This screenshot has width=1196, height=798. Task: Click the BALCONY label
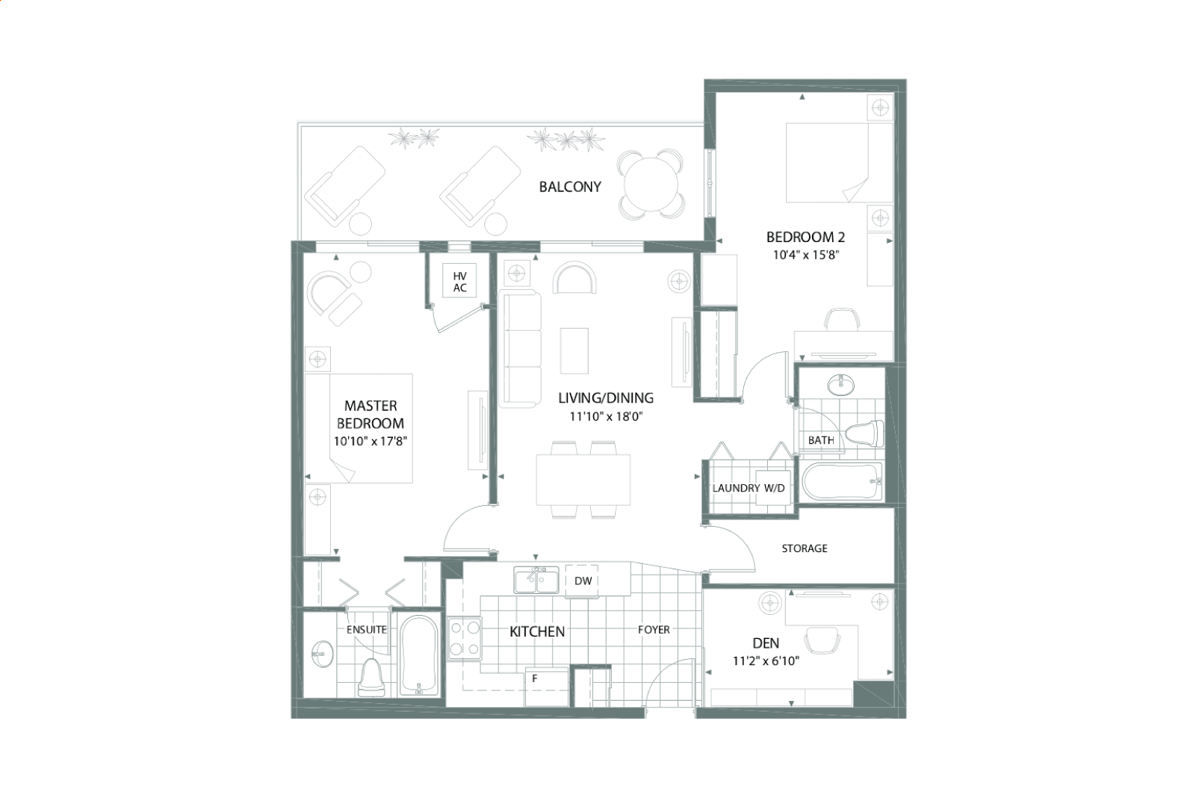[x=570, y=187]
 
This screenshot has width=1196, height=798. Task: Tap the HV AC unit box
[x=459, y=281]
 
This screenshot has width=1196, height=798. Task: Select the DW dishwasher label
[x=583, y=581]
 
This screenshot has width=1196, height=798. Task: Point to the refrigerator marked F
[x=547, y=687]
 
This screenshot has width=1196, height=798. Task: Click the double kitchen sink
[x=536, y=580]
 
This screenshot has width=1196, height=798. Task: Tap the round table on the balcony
[x=651, y=185]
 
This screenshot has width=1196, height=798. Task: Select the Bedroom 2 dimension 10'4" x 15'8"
[x=806, y=255]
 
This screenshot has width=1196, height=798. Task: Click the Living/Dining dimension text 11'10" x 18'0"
[x=606, y=416]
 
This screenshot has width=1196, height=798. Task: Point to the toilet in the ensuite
[x=371, y=678]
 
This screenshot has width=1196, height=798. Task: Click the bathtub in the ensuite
[x=419, y=656]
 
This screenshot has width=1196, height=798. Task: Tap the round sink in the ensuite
[x=322, y=654]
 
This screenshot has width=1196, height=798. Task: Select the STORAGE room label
[x=804, y=548]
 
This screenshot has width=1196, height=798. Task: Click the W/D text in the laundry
[x=774, y=488]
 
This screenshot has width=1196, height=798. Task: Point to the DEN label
[x=766, y=643]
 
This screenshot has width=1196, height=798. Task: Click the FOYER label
[x=654, y=630]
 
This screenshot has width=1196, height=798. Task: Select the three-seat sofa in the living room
[x=520, y=350]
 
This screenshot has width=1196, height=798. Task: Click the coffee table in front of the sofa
[x=574, y=351]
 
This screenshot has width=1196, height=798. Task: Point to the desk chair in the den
[x=822, y=640]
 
